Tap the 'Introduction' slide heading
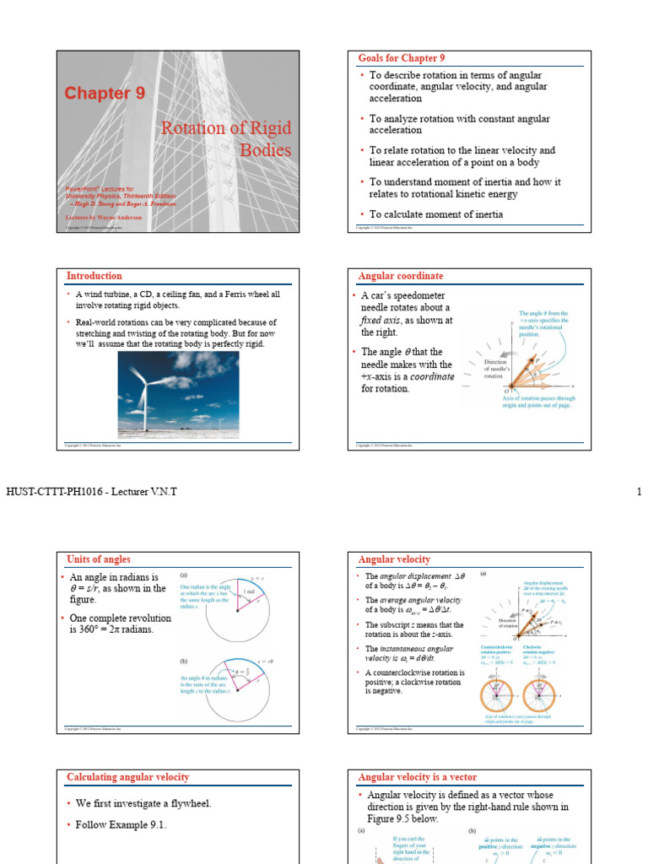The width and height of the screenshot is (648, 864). pos(94,276)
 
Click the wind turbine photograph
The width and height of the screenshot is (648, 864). pos(179,394)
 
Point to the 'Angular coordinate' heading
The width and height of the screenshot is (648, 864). pos(400,276)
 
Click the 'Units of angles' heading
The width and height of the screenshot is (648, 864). pos(99,559)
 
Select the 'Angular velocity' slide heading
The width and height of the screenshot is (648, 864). pos(394,559)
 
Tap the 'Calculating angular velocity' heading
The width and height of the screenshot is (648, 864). pos(128,777)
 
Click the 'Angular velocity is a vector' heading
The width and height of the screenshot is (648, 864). pos(418,777)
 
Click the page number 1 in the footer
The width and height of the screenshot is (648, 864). pos(639,492)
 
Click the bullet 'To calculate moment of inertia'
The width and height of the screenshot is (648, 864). pos(436,214)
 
